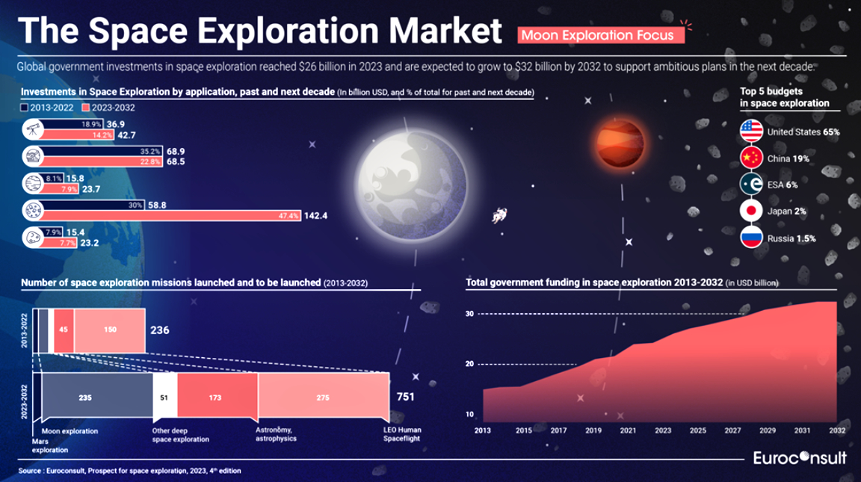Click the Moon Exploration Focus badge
(599, 34)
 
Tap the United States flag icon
(750, 131)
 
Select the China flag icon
(750, 158)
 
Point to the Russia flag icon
(750, 238)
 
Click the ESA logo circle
(750, 185)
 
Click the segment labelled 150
(109, 330)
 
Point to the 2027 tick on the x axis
(732, 430)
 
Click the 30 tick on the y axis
(471, 314)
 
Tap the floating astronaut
(498, 217)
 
